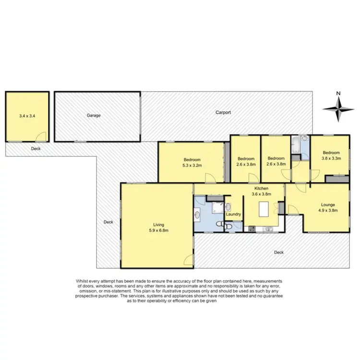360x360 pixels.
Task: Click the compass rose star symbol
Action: click(x=339, y=108)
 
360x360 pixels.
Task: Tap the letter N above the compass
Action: click(x=338, y=93)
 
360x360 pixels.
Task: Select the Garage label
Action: click(x=94, y=116)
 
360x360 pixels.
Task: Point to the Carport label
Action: click(x=223, y=112)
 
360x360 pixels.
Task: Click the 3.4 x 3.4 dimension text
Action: click(x=27, y=116)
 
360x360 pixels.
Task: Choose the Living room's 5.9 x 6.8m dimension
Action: click(x=158, y=229)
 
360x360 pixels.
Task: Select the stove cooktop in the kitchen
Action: click(x=252, y=228)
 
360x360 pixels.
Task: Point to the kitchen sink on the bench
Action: click(x=269, y=228)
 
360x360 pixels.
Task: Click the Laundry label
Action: click(x=233, y=215)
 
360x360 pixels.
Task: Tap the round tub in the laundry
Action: click(x=228, y=207)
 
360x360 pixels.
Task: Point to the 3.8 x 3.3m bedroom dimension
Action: click(x=331, y=158)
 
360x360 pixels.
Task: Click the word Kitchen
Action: click(x=262, y=189)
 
